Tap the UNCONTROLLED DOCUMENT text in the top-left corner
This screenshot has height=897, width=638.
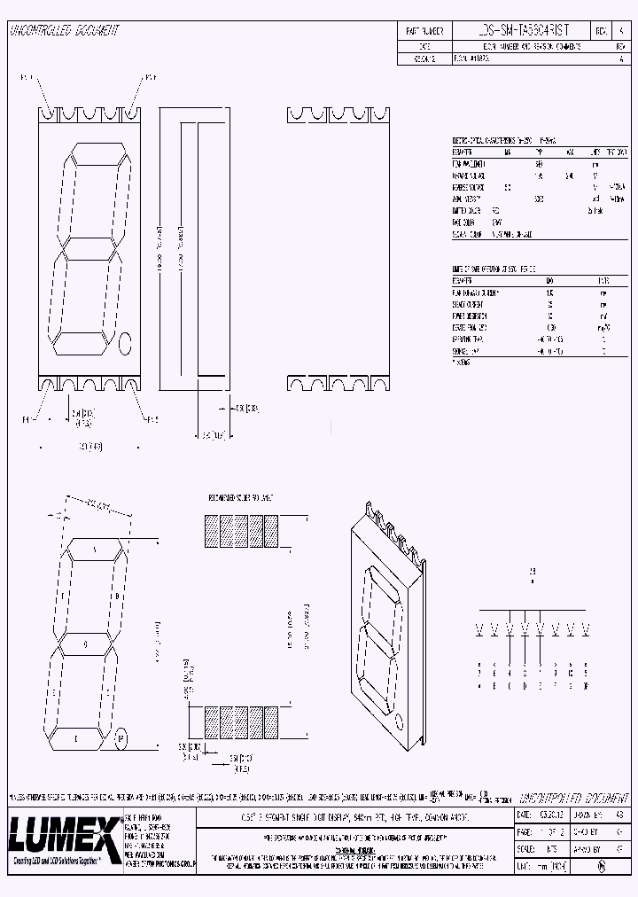(63, 31)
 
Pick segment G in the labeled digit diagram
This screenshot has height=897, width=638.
(85, 643)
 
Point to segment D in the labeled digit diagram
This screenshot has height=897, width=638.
(75, 736)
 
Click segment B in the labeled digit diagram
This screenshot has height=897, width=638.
(118, 596)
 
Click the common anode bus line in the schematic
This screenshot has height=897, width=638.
(532, 611)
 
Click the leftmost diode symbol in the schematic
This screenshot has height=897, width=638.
(480, 630)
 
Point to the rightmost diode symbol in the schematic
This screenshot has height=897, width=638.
(584, 630)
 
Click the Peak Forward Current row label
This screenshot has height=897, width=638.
(479, 292)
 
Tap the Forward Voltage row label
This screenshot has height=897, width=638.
(471, 176)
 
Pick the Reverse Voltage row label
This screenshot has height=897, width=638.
(471, 188)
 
